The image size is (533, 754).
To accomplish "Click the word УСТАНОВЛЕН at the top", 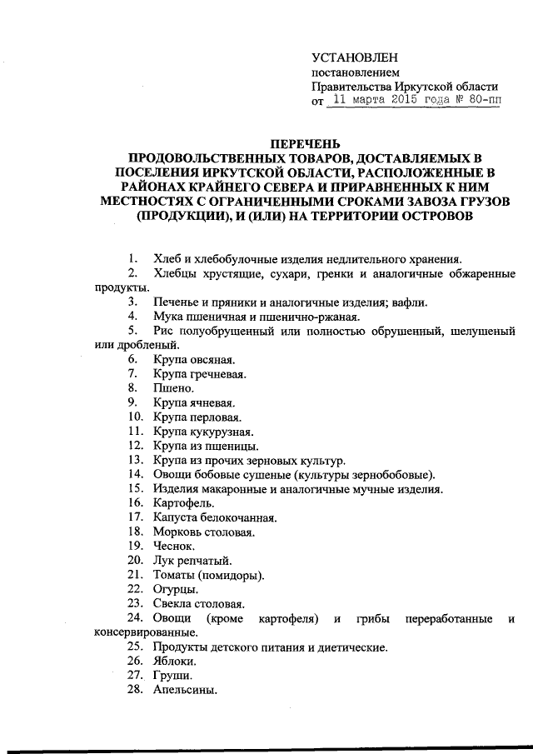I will point(355,57).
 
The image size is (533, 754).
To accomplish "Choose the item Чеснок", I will point(173,546).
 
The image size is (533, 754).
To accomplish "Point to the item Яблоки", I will point(175,661).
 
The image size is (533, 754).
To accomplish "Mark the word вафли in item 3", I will point(408,302).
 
